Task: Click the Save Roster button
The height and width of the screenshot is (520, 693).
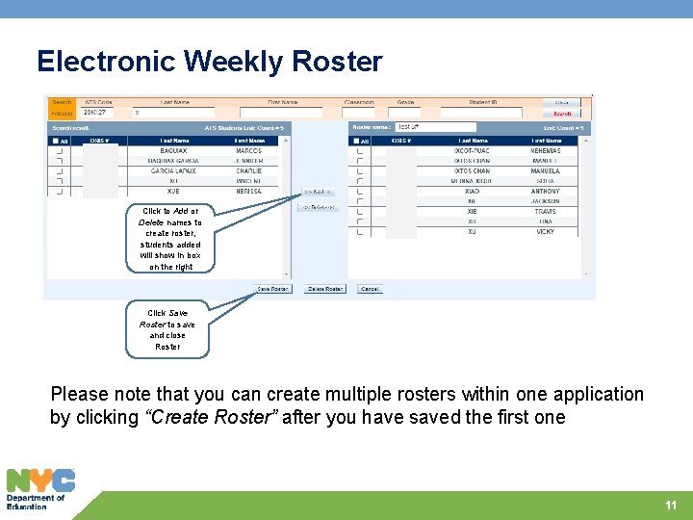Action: point(272,289)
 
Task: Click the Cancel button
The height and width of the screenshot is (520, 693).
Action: point(370,289)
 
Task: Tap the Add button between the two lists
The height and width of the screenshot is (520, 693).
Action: point(320,193)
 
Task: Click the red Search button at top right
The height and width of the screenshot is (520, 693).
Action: point(562,113)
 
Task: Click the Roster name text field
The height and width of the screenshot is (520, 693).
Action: point(435,127)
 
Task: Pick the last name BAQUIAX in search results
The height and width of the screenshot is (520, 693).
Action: point(174,150)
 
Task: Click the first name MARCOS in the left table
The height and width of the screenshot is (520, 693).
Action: point(248,150)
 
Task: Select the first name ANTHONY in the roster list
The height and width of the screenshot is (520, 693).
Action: point(546,191)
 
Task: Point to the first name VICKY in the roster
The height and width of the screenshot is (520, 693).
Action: point(546,231)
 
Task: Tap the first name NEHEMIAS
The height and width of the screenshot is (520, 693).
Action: point(546,150)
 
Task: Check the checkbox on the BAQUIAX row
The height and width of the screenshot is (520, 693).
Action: point(60,150)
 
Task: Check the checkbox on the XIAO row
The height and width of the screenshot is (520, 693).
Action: point(360,191)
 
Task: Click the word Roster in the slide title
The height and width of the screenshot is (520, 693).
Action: point(337,62)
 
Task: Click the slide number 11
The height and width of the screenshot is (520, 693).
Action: point(671,506)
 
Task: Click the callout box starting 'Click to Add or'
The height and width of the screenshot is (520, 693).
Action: point(170,238)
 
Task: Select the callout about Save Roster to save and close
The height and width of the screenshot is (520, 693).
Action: point(167,329)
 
